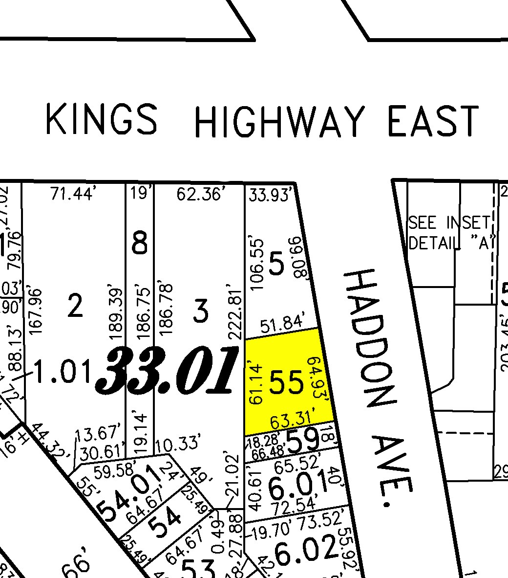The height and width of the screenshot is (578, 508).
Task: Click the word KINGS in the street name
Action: [x=102, y=119]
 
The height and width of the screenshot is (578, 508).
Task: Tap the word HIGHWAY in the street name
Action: [x=279, y=121]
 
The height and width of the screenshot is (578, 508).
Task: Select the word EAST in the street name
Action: [x=432, y=121]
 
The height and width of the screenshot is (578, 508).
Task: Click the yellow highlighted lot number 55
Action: [x=287, y=382]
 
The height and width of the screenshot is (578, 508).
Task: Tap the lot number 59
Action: [x=303, y=441]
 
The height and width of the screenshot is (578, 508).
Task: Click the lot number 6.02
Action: [x=306, y=548]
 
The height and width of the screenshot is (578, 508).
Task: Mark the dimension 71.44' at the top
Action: [x=72, y=195]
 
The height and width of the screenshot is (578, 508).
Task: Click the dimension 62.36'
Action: [x=200, y=195]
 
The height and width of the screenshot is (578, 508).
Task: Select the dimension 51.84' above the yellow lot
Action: [x=283, y=324]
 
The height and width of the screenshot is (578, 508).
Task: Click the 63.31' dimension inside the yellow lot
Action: [x=292, y=420]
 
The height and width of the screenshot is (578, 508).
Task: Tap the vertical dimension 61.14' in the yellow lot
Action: [x=256, y=383]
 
